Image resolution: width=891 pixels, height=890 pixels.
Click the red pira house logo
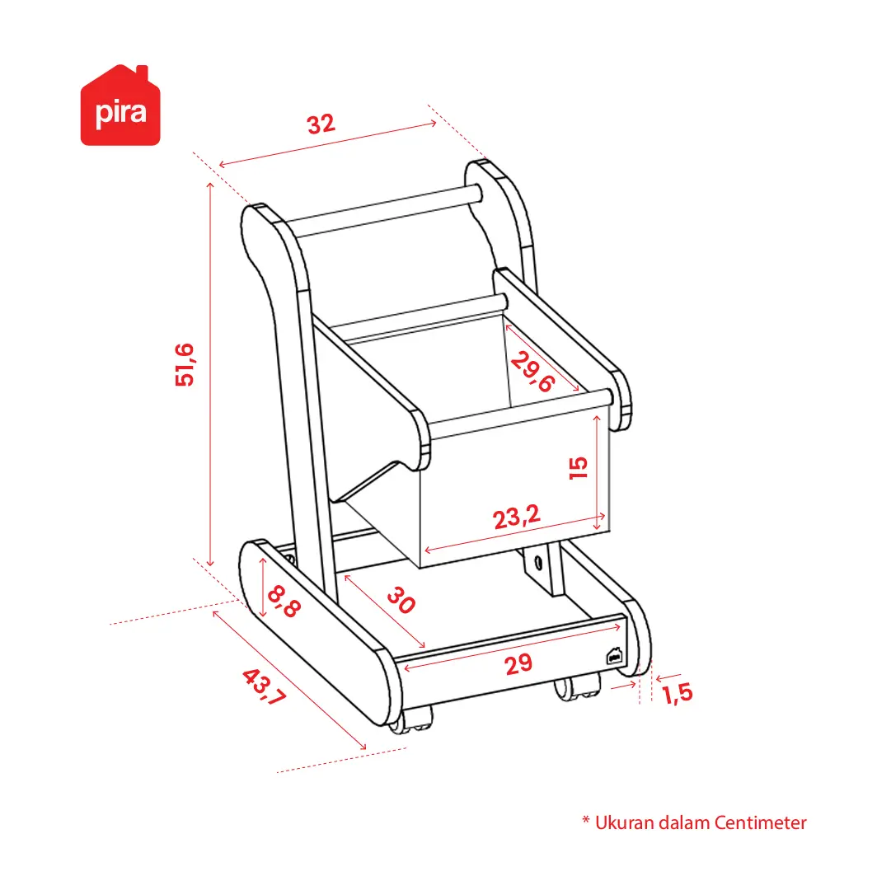[x=120, y=105]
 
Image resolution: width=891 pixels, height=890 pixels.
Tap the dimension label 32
[x=321, y=124]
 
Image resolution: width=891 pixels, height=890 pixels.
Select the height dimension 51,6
[x=185, y=364]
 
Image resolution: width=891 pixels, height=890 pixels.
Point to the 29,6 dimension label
[x=532, y=372]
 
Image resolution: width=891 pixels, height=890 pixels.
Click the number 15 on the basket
[x=579, y=467]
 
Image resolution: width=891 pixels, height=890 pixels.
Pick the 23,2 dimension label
[x=516, y=517]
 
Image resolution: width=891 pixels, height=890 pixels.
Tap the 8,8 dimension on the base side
[x=284, y=602]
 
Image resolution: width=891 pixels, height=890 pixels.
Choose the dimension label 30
[x=401, y=601]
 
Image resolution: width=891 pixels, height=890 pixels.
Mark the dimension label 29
[x=518, y=664]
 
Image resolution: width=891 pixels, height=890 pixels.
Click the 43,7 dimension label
[x=264, y=686]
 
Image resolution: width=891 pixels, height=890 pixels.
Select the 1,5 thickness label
[x=678, y=693]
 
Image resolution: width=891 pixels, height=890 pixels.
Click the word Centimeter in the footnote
[x=760, y=822]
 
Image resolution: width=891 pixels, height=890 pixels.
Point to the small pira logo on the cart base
[x=614, y=656]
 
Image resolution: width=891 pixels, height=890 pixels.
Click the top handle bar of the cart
[x=385, y=210]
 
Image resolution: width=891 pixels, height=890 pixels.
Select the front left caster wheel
[x=410, y=720]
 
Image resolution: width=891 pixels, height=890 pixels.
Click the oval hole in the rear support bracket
[x=538, y=562]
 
